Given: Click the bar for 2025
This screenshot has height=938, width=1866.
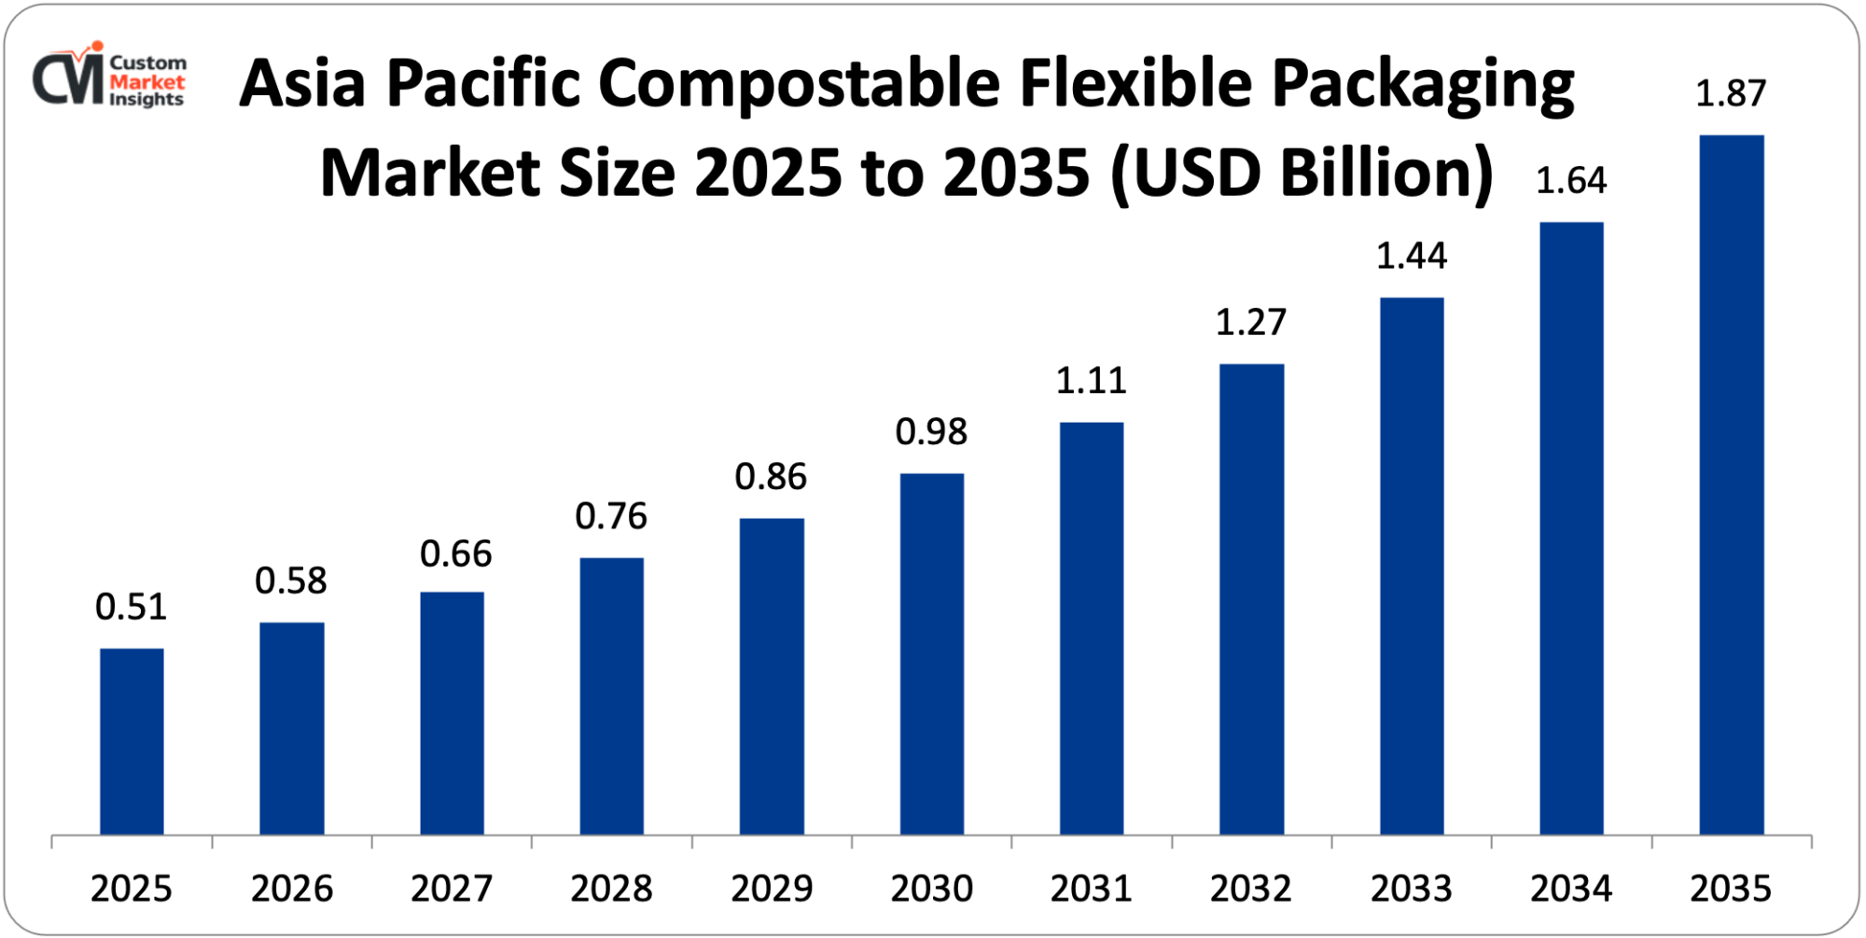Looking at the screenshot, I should click(132, 741).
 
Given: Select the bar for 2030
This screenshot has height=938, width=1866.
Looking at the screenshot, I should click(931, 653).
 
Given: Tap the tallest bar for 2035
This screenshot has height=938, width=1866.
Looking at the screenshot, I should click(1731, 484).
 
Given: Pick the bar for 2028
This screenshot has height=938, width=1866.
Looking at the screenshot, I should click(611, 695).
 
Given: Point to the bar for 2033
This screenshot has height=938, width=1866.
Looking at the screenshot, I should click(1411, 566).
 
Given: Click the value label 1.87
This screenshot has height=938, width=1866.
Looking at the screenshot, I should click(1730, 94).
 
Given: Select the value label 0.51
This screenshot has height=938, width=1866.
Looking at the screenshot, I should click(131, 608).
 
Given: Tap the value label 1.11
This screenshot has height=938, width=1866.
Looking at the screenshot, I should click(1091, 381).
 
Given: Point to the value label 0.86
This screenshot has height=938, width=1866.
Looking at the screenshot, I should click(770, 477).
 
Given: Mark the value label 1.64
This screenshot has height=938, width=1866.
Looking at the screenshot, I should click(1570, 181).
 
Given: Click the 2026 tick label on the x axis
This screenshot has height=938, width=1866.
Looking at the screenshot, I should click(291, 889).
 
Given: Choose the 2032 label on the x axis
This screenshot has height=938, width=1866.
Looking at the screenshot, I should click(1250, 889).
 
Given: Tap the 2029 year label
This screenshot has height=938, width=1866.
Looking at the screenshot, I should click(771, 889).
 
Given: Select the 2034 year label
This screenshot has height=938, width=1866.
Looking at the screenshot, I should click(1570, 889).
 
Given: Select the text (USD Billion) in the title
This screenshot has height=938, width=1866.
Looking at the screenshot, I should click(1302, 174).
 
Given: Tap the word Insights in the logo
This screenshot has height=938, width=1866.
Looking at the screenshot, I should click(146, 100).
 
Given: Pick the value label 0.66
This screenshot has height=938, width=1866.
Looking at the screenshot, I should click(455, 554).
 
